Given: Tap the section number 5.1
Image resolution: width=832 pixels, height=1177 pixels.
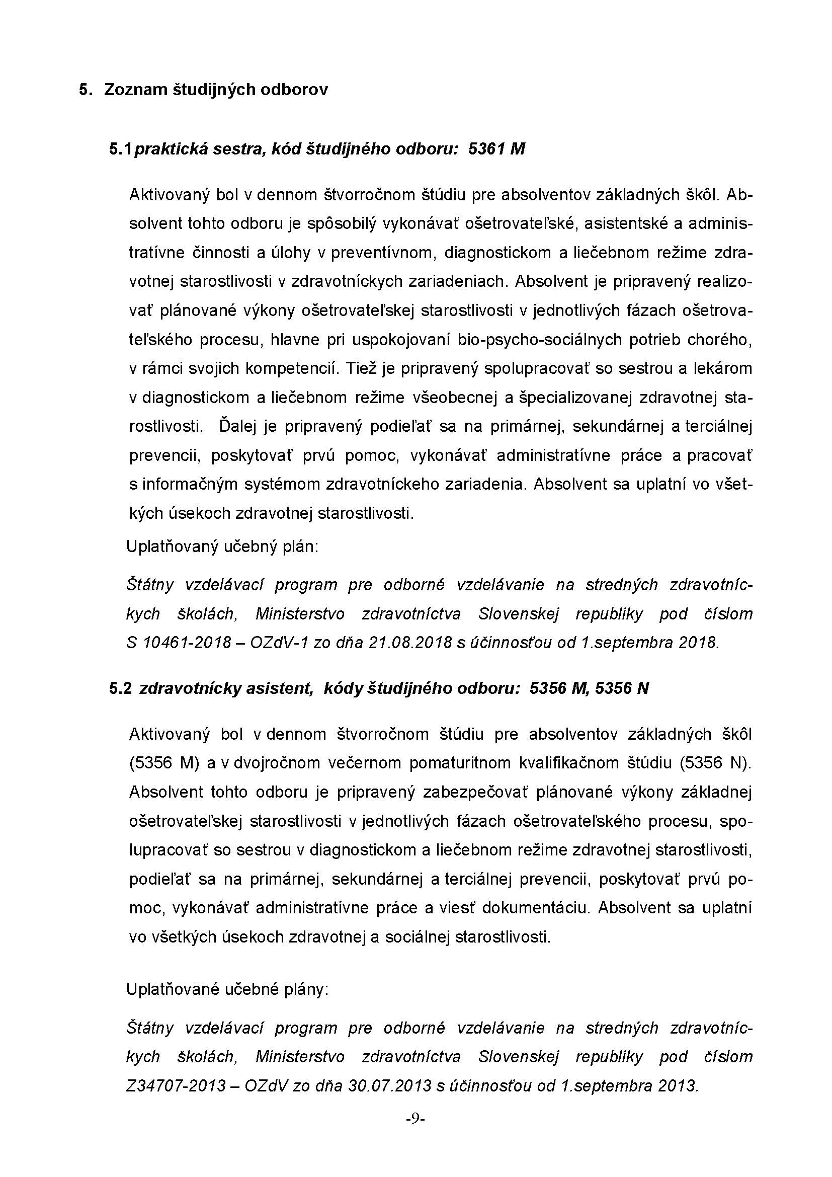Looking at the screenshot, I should [120, 149].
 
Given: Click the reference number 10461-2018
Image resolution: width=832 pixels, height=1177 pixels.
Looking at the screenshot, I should [187, 643].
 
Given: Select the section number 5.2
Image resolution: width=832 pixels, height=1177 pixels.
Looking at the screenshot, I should [120, 688].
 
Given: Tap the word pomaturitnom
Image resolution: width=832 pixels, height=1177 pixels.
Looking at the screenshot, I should [459, 763].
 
